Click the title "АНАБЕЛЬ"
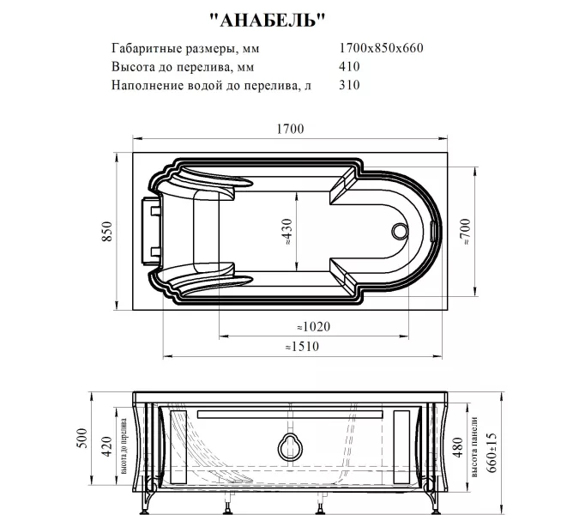tap(268, 19)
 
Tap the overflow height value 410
tap(350, 66)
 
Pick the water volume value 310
tap(350, 85)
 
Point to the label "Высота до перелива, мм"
tap(183, 66)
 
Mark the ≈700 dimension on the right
tap(464, 232)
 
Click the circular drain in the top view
tap(400, 232)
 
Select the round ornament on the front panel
tap(290, 445)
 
